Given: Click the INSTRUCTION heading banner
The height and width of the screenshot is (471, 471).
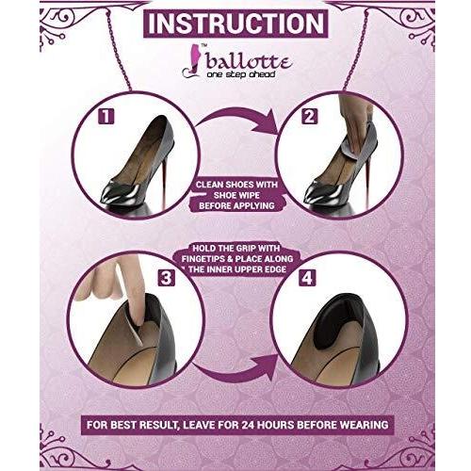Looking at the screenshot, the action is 235,24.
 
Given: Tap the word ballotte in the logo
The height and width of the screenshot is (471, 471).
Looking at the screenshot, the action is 249,62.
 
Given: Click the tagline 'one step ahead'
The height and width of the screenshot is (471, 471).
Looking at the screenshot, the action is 241,74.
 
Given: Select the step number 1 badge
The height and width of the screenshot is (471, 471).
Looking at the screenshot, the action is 106,117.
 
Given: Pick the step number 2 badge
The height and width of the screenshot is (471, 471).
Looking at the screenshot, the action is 309,117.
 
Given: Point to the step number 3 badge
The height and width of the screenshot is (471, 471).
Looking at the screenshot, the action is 166,278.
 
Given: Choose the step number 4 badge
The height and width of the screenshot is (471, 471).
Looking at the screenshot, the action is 307,278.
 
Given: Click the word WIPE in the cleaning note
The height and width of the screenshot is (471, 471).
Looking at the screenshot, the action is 248,195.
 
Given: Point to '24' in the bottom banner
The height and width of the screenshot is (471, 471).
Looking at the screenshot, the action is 250,425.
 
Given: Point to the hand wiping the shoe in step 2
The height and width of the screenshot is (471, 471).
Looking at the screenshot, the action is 354,115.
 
